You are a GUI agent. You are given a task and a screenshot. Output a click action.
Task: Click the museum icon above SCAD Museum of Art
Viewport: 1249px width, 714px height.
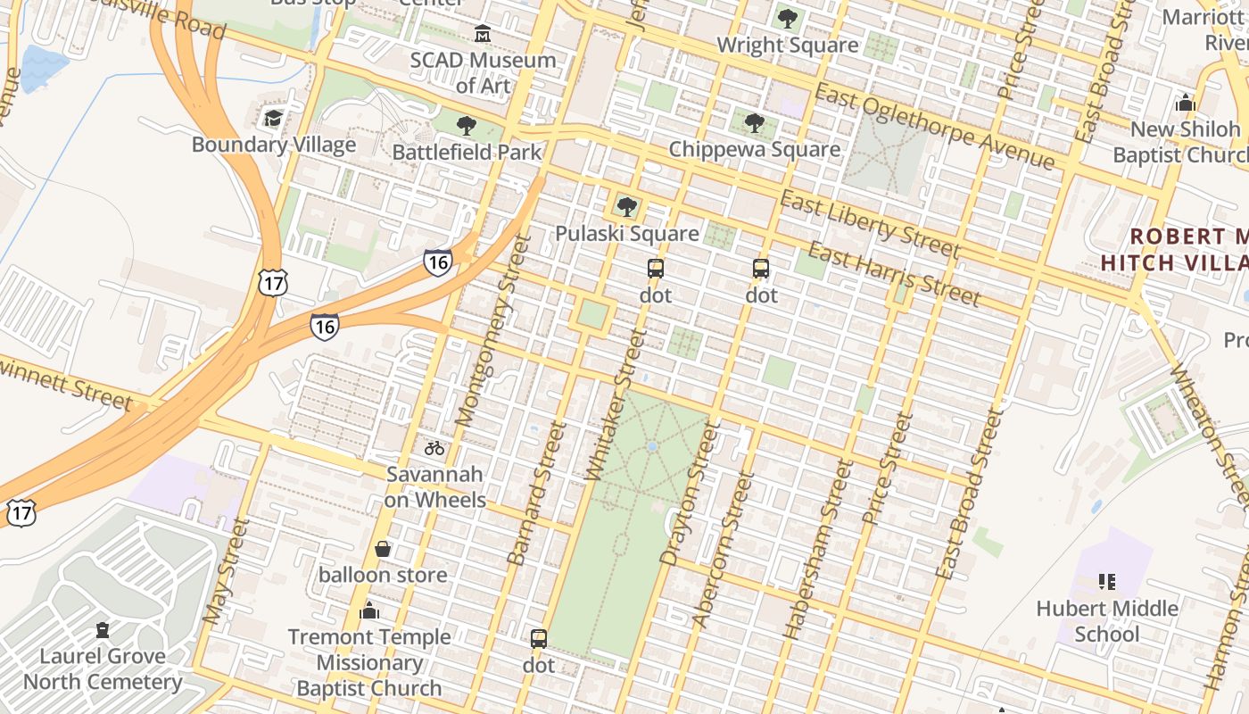(x=483, y=34)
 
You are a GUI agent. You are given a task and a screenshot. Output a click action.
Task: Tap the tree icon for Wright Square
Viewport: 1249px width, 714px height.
(x=787, y=18)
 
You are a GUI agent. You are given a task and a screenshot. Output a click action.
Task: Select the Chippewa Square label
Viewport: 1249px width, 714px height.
(x=754, y=149)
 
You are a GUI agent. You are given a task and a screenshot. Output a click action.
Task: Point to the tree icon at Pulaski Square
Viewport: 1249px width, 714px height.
(x=627, y=207)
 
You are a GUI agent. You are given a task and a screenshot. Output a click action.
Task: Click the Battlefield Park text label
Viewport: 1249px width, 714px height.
(x=467, y=152)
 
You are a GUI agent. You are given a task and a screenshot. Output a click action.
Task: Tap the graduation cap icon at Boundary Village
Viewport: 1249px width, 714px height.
(x=273, y=118)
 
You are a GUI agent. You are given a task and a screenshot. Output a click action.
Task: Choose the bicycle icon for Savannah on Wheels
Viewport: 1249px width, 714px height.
(x=434, y=448)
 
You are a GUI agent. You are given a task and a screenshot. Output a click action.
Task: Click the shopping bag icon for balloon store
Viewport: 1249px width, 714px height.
(x=383, y=548)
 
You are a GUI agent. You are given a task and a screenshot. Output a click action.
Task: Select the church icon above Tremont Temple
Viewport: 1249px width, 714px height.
(x=368, y=611)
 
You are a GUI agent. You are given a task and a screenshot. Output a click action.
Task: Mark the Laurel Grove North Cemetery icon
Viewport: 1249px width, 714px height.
(x=103, y=630)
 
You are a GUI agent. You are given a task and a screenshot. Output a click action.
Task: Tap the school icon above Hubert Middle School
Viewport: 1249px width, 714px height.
(x=1107, y=582)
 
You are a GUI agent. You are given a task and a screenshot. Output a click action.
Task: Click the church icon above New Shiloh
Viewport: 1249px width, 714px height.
(x=1185, y=103)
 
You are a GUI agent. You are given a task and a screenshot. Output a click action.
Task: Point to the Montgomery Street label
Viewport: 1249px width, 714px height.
(x=486, y=329)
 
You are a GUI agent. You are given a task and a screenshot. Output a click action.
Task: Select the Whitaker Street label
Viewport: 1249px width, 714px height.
(x=615, y=405)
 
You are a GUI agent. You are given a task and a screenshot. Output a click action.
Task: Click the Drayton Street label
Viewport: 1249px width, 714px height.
(x=689, y=494)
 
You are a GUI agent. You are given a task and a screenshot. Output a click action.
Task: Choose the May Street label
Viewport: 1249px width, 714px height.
(x=224, y=571)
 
